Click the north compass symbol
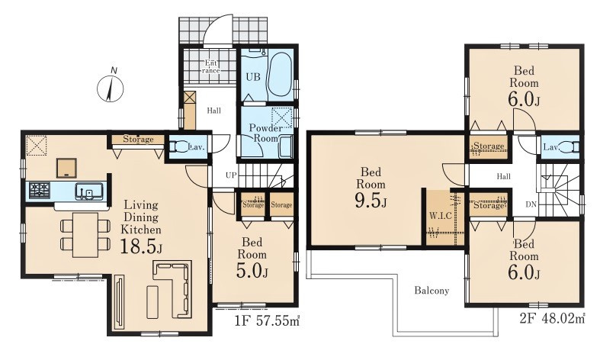(x=111, y=88)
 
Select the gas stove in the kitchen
(x=40, y=191)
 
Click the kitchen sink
(x=89, y=191)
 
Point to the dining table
(x=85, y=235)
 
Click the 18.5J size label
(x=141, y=246)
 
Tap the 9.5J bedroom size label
(x=371, y=201)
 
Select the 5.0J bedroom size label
(x=252, y=272)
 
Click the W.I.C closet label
(x=440, y=216)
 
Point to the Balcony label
(x=432, y=291)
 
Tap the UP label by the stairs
(x=231, y=175)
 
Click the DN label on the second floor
(x=531, y=204)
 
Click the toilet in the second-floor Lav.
(x=571, y=147)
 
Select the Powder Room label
(x=265, y=133)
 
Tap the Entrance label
(x=211, y=67)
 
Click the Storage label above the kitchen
(x=138, y=140)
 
